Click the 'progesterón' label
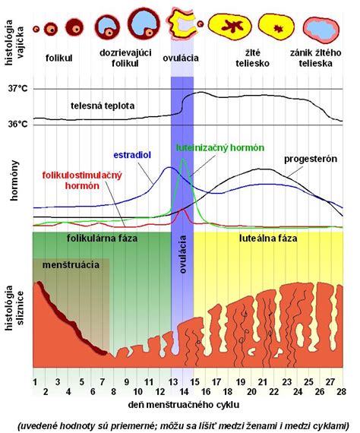tap(311, 159)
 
